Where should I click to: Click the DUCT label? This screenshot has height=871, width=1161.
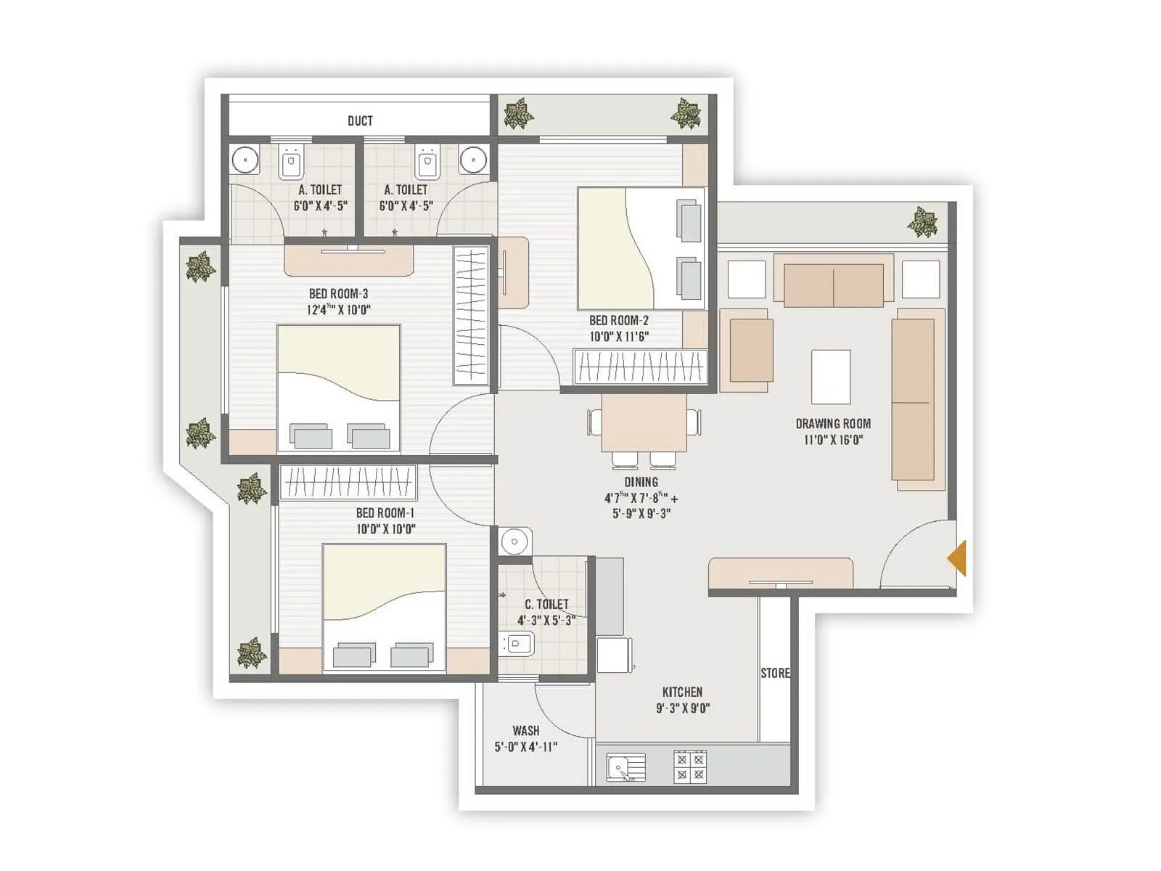(x=360, y=120)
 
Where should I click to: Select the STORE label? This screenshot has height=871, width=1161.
(x=775, y=673)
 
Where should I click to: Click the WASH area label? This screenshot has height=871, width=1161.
(x=526, y=730)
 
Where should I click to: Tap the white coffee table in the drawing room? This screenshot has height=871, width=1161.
(x=831, y=377)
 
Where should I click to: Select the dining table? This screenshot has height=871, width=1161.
(x=644, y=423)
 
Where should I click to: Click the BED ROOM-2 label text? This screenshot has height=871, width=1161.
(x=618, y=320)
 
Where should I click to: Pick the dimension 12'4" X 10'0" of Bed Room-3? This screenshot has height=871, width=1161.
(x=338, y=310)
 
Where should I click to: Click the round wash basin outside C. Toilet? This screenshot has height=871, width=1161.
(x=514, y=541)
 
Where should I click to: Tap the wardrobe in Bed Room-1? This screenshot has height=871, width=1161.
(x=348, y=483)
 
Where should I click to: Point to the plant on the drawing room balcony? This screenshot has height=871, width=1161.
(x=922, y=221)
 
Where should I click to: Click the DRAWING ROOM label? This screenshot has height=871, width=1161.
(x=833, y=423)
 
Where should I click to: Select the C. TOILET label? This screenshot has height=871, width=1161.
(x=546, y=604)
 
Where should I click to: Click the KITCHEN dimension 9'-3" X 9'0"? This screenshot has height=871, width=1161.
(x=682, y=708)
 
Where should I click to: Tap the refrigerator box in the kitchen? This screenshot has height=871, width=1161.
(x=615, y=655)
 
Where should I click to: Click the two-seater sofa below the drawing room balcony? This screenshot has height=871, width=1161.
(x=833, y=285)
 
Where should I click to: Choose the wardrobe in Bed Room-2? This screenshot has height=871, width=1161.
(x=640, y=367)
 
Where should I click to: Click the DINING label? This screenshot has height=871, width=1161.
(x=641, y=482)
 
